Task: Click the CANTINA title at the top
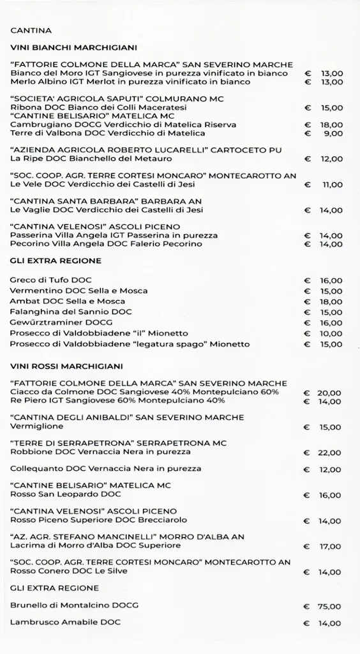[x=31, y=31]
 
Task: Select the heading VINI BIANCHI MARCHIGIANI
[x=73, y=48]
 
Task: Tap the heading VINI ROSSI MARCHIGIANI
[x=66, y=367]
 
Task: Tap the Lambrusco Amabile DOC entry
[x=65, y=622]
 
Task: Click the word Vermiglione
[x=37, y=427]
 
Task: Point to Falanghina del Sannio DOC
[x=71, y=312]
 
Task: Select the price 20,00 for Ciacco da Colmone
[x=329, y=393]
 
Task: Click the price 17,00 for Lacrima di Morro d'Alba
[x=331, y=547]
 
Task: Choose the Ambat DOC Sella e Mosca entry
[x=67, y=301]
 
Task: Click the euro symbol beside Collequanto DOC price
[x=307, y=470]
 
